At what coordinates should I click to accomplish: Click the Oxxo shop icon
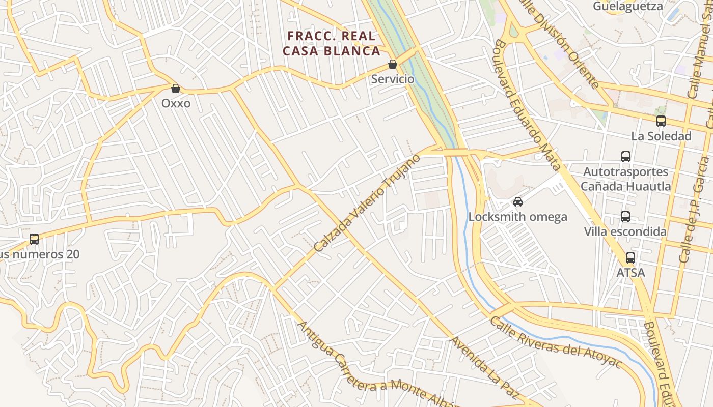176,89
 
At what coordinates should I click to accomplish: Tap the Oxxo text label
176,103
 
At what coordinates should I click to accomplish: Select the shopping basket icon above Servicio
393,65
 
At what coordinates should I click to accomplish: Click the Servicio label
393,79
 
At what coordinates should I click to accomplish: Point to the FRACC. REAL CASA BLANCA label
332,44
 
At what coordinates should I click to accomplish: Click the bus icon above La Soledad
661,121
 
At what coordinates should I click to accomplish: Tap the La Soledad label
661,136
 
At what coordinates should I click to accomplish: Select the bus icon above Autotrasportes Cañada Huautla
626,157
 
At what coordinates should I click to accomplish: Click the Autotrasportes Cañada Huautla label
626,179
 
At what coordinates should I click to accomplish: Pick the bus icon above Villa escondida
625,217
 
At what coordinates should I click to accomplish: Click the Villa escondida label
625,232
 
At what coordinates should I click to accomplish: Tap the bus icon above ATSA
630,258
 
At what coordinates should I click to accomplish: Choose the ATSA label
630,273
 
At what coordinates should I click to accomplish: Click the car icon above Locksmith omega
518,202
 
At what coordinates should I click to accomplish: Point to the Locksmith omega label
517,217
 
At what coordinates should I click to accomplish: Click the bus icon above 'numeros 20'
34,239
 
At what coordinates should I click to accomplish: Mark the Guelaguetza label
628,6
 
